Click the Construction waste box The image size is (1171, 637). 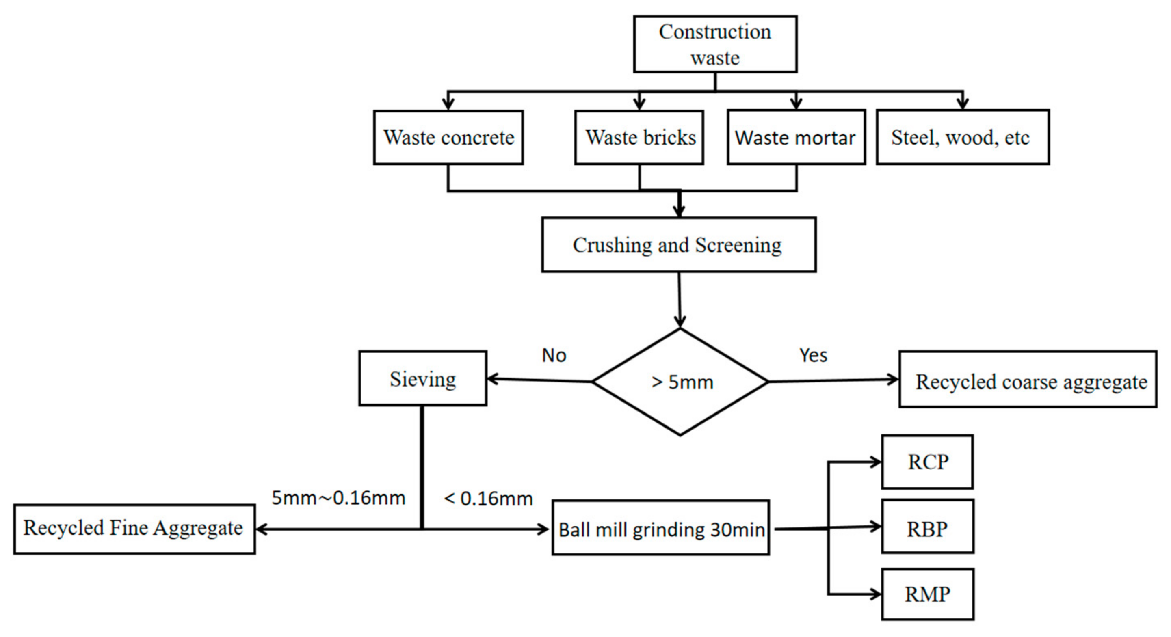pyautogui.click(x=714, y=45)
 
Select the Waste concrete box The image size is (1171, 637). pyautogui.click(x=448, y=137)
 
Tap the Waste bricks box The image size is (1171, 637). pyautogui.click(x=639, y=137)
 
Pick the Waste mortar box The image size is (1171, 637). pyautogui.click(x=796, y=137)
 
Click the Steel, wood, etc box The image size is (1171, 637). pyautogui.click(x=962, y=137)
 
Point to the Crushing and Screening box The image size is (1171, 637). pyautogui.click(x=678, y=245)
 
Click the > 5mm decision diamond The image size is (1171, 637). pyautogui.click(x=680, y=382)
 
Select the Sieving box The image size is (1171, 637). pyautogui.click(x=423, y=378)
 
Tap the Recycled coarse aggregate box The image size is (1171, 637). pyautogui.click(x=1027, y=379)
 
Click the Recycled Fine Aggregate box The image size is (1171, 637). pyautogui.click(x=134, y=529)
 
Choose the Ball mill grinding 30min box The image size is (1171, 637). pyautogui.click(x=660, y=528)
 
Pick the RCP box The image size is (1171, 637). pyautogui.click(x=927, y=462)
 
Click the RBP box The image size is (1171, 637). pyautogui.click(x=927, y=527)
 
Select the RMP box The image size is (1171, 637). pyautogui.click(x=927, y=594)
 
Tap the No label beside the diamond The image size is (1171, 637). pyautogui.click(x=554, y=355)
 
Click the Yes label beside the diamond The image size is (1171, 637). pyautogui.click(x=813, y=355)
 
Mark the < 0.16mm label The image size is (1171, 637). pyautogui.click(x=488, y=499)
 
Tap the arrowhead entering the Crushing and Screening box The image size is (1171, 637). pyautogui.click(x=679, y=211)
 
